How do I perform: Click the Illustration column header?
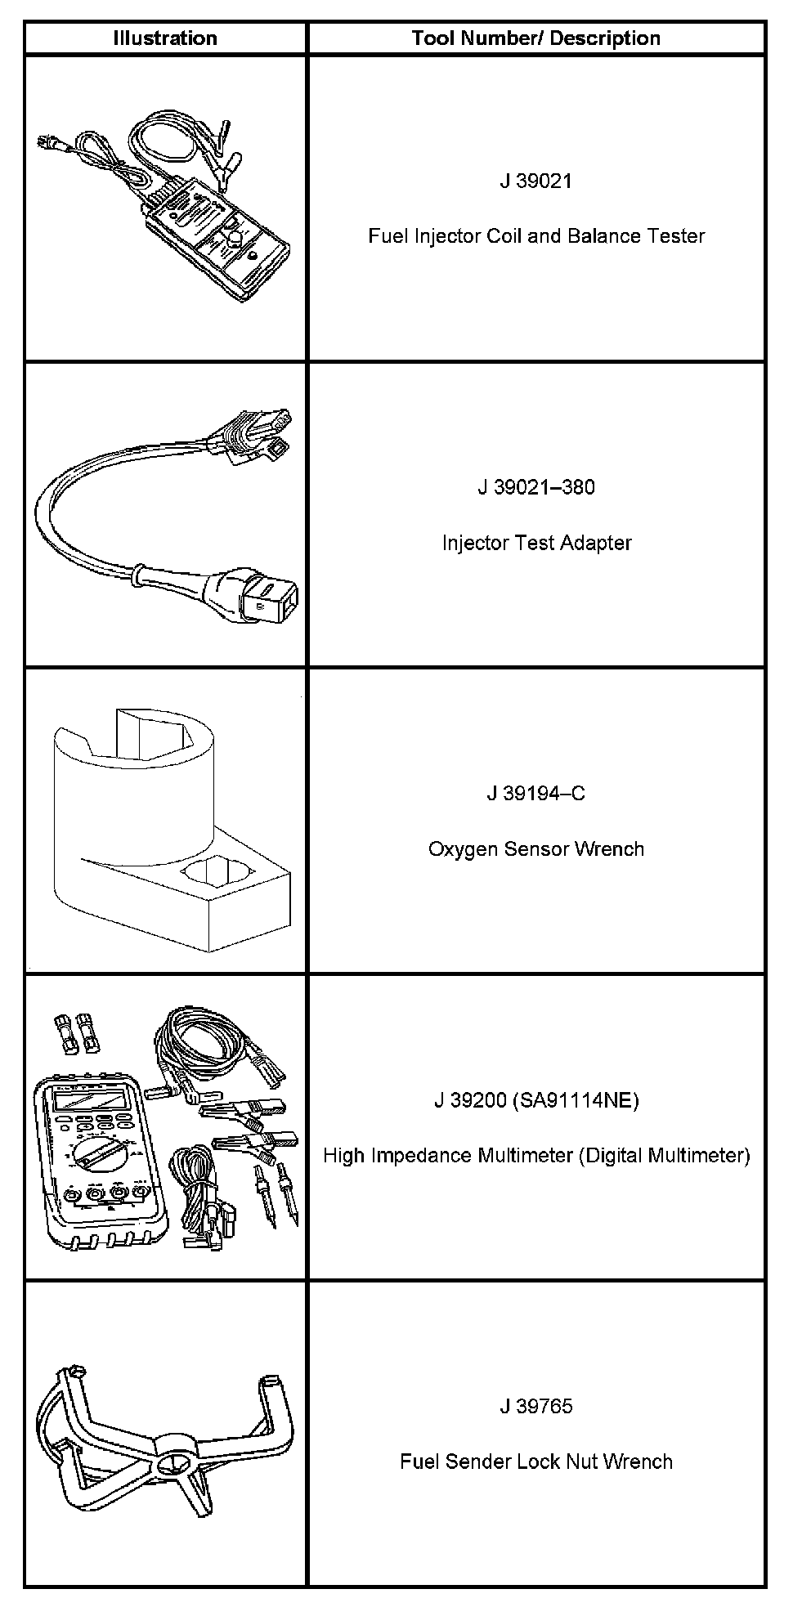point(165,38)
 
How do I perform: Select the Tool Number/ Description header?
point(536,38)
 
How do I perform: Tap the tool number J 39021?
point(536,181)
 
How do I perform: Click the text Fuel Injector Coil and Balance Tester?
point(536,236)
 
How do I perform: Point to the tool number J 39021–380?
point(536,488)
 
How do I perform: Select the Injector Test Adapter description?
point(536,543)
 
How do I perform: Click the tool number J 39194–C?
point(536,794)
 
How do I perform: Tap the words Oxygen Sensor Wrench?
point(536,849)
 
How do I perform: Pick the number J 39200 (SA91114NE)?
point(536,1100)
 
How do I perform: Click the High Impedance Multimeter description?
point(536,1156)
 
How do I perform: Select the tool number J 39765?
point(536,1407)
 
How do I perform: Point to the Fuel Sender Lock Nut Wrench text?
point(536,1462)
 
